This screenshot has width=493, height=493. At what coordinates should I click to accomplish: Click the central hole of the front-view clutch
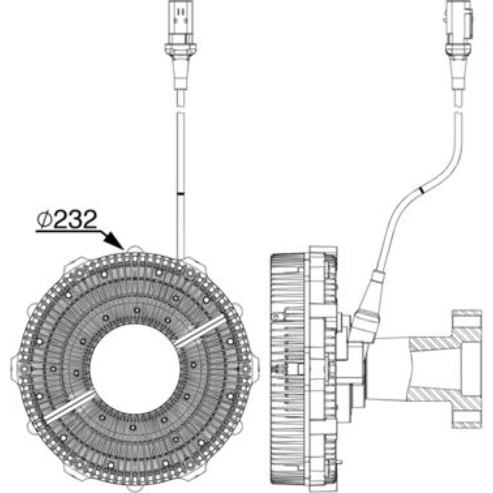tap(136, 370)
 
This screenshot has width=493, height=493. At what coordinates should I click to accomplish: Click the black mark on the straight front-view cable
tap(180, 195)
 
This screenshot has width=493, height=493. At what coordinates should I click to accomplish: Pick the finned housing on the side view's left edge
tap(288, 370)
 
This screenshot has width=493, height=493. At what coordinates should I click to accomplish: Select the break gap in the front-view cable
tap(180, 108)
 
